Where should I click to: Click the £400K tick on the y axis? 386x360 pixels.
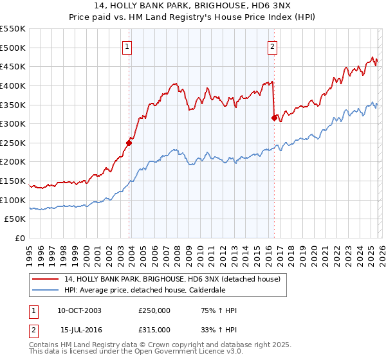(x=13, y=85)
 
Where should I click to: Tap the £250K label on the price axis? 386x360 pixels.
(x=13, y=143)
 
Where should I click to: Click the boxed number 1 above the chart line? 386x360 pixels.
(x=127, y=46)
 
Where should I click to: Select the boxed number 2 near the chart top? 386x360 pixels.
(x=273, y=46)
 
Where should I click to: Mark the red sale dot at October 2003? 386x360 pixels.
(x=129, y=143)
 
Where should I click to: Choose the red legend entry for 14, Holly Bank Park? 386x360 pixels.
(x=172, y=280)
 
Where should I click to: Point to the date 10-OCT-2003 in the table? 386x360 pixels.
(x=79, y=311)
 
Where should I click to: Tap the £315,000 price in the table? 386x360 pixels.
(x=154, y=330)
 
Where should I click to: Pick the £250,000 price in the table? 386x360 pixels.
(x=154, y=311)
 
